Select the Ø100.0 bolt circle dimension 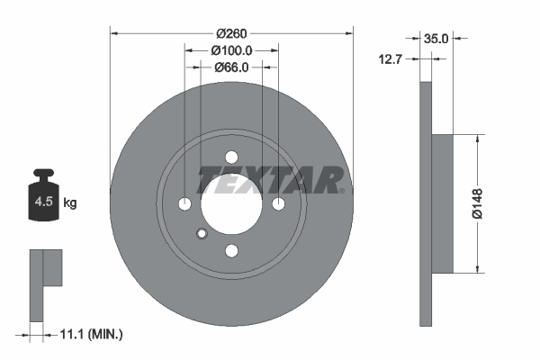click(x=230, y=51)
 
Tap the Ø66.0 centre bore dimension click(x=230, y=67)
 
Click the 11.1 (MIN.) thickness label click(x=88, y=334)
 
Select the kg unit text click(x=70, y=203)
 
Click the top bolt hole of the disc click(x=230, y=156)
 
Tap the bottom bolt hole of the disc click(x=230, y=250)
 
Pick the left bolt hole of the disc click(x=184, y=203)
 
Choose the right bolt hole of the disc click(x=277, y=203)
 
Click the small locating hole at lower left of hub click(x=202, y=235)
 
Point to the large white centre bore click(x=230, y=203)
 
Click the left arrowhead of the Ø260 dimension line click(x=113, y=33)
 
